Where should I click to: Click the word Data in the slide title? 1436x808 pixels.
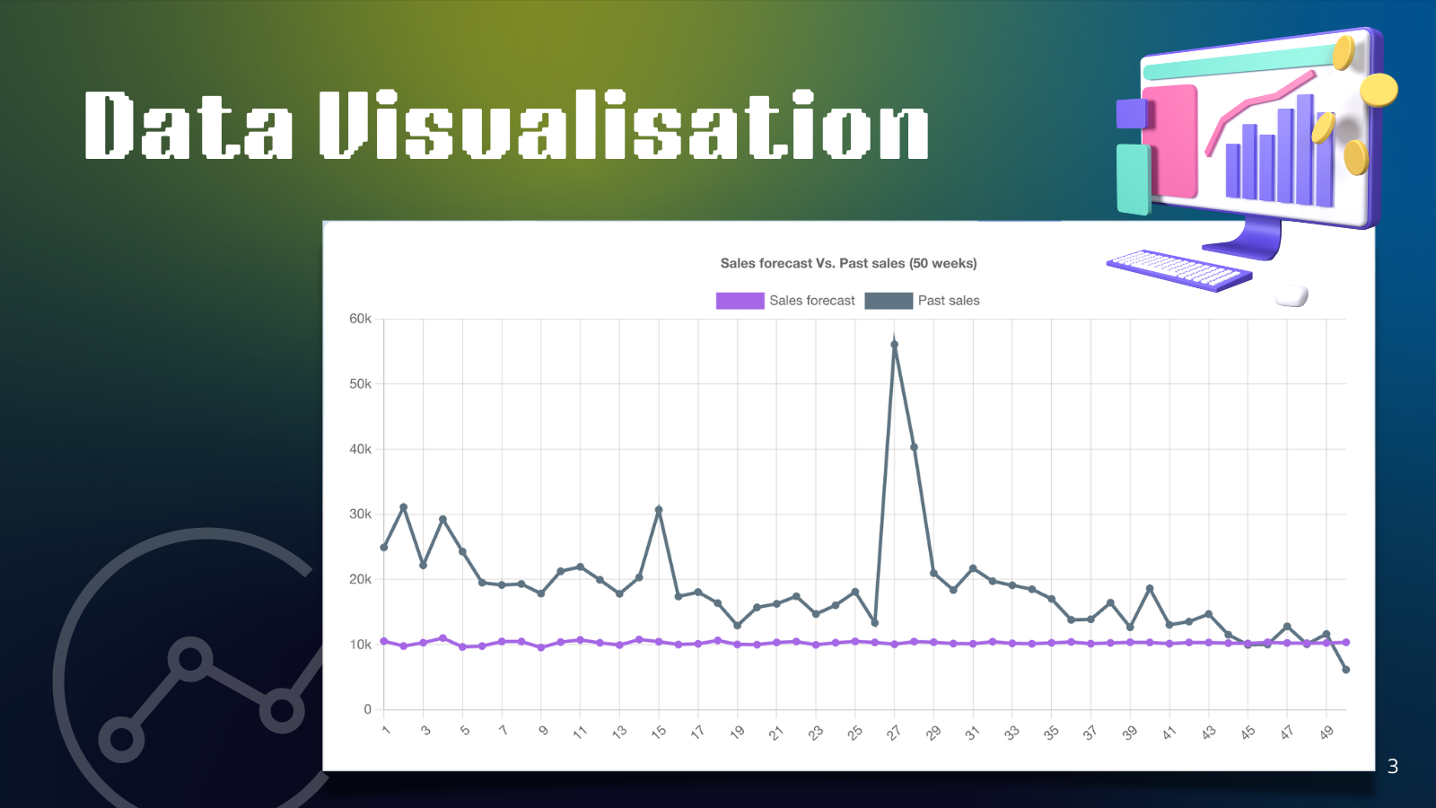[x=188, y=125]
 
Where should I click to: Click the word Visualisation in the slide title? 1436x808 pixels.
[x=624, y=125]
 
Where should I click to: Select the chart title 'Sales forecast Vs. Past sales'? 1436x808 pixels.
[x=848, y=263]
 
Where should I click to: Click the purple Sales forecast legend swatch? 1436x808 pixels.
[x=740, y=301]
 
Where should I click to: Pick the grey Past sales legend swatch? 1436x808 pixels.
[x=889, y=301]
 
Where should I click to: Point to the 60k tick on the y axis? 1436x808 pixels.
[x=360, y=319]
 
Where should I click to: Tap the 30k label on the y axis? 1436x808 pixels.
[x=360, y=514]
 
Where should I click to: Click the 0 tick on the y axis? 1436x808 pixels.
[x=367, y=709]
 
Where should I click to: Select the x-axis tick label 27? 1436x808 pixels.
[x=894, y=733]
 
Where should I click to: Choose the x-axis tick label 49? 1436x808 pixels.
[x=1327, y=733]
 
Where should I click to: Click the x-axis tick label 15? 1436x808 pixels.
[x=659, y=733]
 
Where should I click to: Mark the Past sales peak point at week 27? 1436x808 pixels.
[x=894, y=345]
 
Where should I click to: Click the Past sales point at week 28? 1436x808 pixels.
[x=915, y=447]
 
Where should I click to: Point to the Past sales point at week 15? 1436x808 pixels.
[x=659, y=510]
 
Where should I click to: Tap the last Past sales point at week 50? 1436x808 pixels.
[x=1346, y=670]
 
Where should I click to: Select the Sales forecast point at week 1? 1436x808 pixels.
[x=384, y=641]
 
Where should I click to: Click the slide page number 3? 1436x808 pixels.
[x=1392, y=767]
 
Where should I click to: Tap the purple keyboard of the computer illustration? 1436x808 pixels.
[x=1179, y=270]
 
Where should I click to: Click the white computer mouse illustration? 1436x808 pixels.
[x=1292, y=296]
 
